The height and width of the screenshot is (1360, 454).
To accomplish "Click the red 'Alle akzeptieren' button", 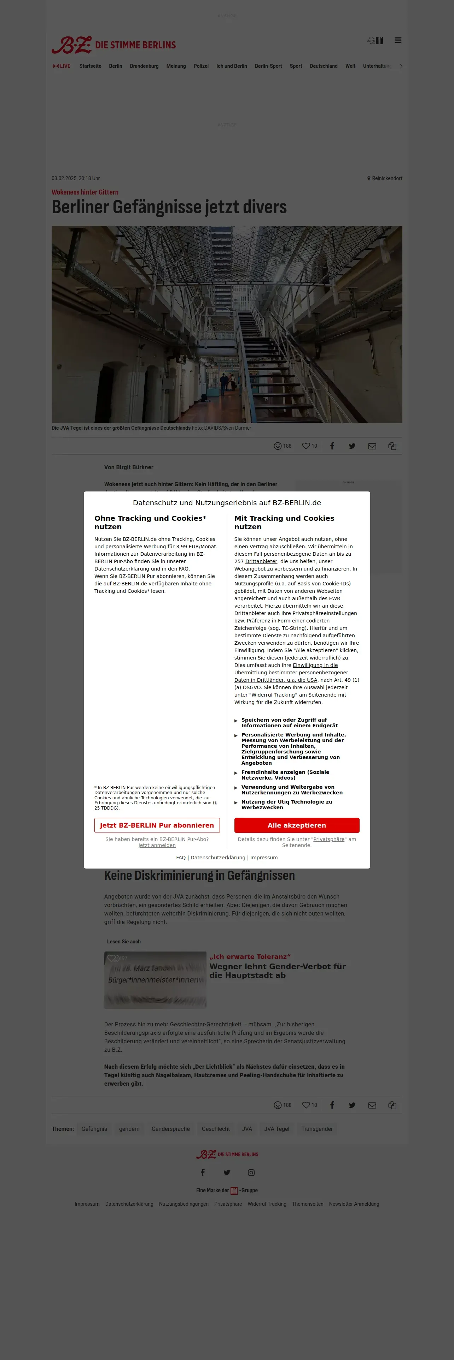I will pos(297,825).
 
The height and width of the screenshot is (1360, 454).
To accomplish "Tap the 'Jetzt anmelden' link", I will pos(157,845).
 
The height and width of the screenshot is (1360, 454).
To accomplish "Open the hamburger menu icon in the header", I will pos(398,40).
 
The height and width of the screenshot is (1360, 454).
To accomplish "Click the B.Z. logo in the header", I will pos(72,45).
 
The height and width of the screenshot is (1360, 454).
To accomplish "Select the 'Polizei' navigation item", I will pos(201,66).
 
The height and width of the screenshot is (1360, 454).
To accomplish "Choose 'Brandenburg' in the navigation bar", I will pos(144,66).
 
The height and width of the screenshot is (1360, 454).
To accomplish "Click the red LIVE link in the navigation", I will pos(62,66).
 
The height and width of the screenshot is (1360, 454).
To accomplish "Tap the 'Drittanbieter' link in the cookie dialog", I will pos(261,561).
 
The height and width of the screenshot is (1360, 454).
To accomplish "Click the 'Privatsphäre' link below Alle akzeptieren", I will pos(329,839).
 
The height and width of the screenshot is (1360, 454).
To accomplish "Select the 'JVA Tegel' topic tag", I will pos(277,1129).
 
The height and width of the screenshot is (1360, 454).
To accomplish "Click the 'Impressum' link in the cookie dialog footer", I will pos(264,857).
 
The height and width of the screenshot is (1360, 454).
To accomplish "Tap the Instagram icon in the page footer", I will pos(251,1173).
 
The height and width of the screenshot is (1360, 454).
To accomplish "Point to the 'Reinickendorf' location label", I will pos(386,178).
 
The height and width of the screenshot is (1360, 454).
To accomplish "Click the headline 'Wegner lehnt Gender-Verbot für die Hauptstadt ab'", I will pos(278,970).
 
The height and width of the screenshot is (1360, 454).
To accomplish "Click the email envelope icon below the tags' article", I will pos(372,1105).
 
